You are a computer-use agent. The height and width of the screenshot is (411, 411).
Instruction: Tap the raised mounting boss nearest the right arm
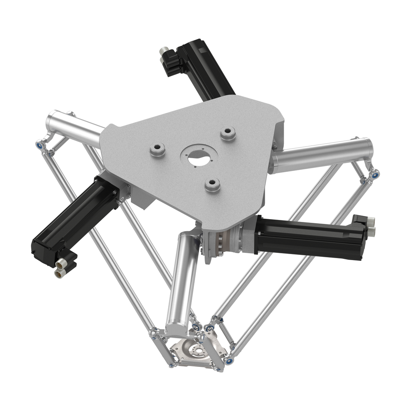[228, 133]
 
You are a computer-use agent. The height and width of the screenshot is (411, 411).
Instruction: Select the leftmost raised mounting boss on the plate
[158, 150]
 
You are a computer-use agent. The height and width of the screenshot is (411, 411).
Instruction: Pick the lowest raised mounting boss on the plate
[212, 185]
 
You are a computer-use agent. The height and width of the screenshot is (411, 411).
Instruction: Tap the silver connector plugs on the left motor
[60, 268]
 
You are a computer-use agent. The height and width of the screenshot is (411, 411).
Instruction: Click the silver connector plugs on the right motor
[370, 226]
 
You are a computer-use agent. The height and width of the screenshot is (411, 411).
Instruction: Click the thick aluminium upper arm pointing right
[321, 155]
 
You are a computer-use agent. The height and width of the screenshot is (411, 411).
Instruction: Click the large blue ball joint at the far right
[375, 175]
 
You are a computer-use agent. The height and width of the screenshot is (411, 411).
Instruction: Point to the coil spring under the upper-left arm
[60, 144]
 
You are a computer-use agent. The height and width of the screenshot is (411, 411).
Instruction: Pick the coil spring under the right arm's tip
[358, 170]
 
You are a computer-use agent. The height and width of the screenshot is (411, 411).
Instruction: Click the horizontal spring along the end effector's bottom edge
[195, 363]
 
